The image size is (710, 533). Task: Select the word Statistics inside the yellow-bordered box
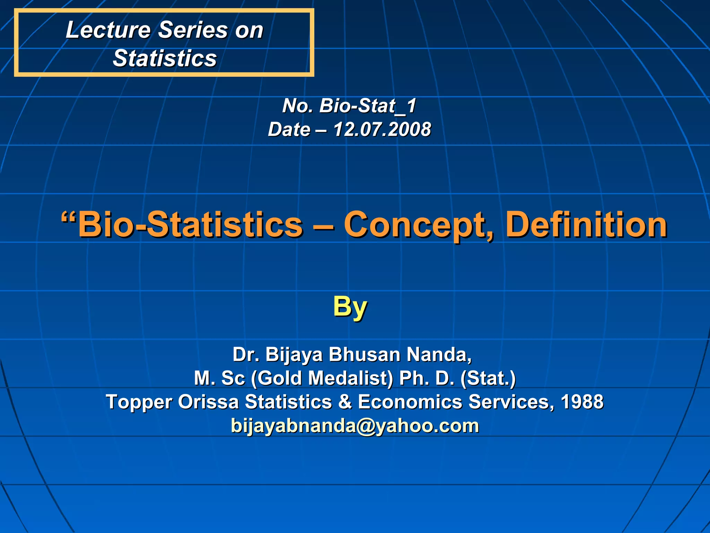(165, 58)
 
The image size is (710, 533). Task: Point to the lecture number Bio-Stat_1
(367, 105)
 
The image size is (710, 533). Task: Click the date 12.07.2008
(382, 129)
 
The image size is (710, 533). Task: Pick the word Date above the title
(289, 129)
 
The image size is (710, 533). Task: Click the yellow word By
(350, 307)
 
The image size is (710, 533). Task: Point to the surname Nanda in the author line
(439, 355)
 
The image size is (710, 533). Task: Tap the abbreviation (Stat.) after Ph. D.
(488, 378)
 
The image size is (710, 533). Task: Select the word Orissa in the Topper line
(208, 402)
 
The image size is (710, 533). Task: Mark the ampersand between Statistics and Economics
(345, 402)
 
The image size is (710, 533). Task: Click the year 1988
(582, 402)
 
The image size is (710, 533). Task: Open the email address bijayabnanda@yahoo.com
(355, 426)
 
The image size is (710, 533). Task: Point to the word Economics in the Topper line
(410, 402)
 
